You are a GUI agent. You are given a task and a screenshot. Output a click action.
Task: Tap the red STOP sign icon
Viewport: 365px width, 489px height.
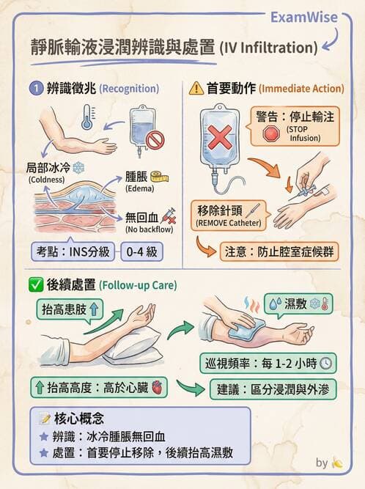271,134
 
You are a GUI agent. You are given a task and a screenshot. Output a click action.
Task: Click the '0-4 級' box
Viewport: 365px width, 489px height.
142,251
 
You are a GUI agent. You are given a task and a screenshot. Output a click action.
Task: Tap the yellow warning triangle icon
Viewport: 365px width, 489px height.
196,89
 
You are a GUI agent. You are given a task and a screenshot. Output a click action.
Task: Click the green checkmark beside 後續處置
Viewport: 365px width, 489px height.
34,283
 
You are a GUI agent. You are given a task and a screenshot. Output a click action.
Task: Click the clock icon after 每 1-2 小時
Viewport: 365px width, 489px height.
326,362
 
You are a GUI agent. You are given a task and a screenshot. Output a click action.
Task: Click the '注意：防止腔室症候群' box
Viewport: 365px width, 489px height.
280,251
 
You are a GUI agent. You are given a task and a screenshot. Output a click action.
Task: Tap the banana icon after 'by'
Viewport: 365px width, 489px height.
338,463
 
